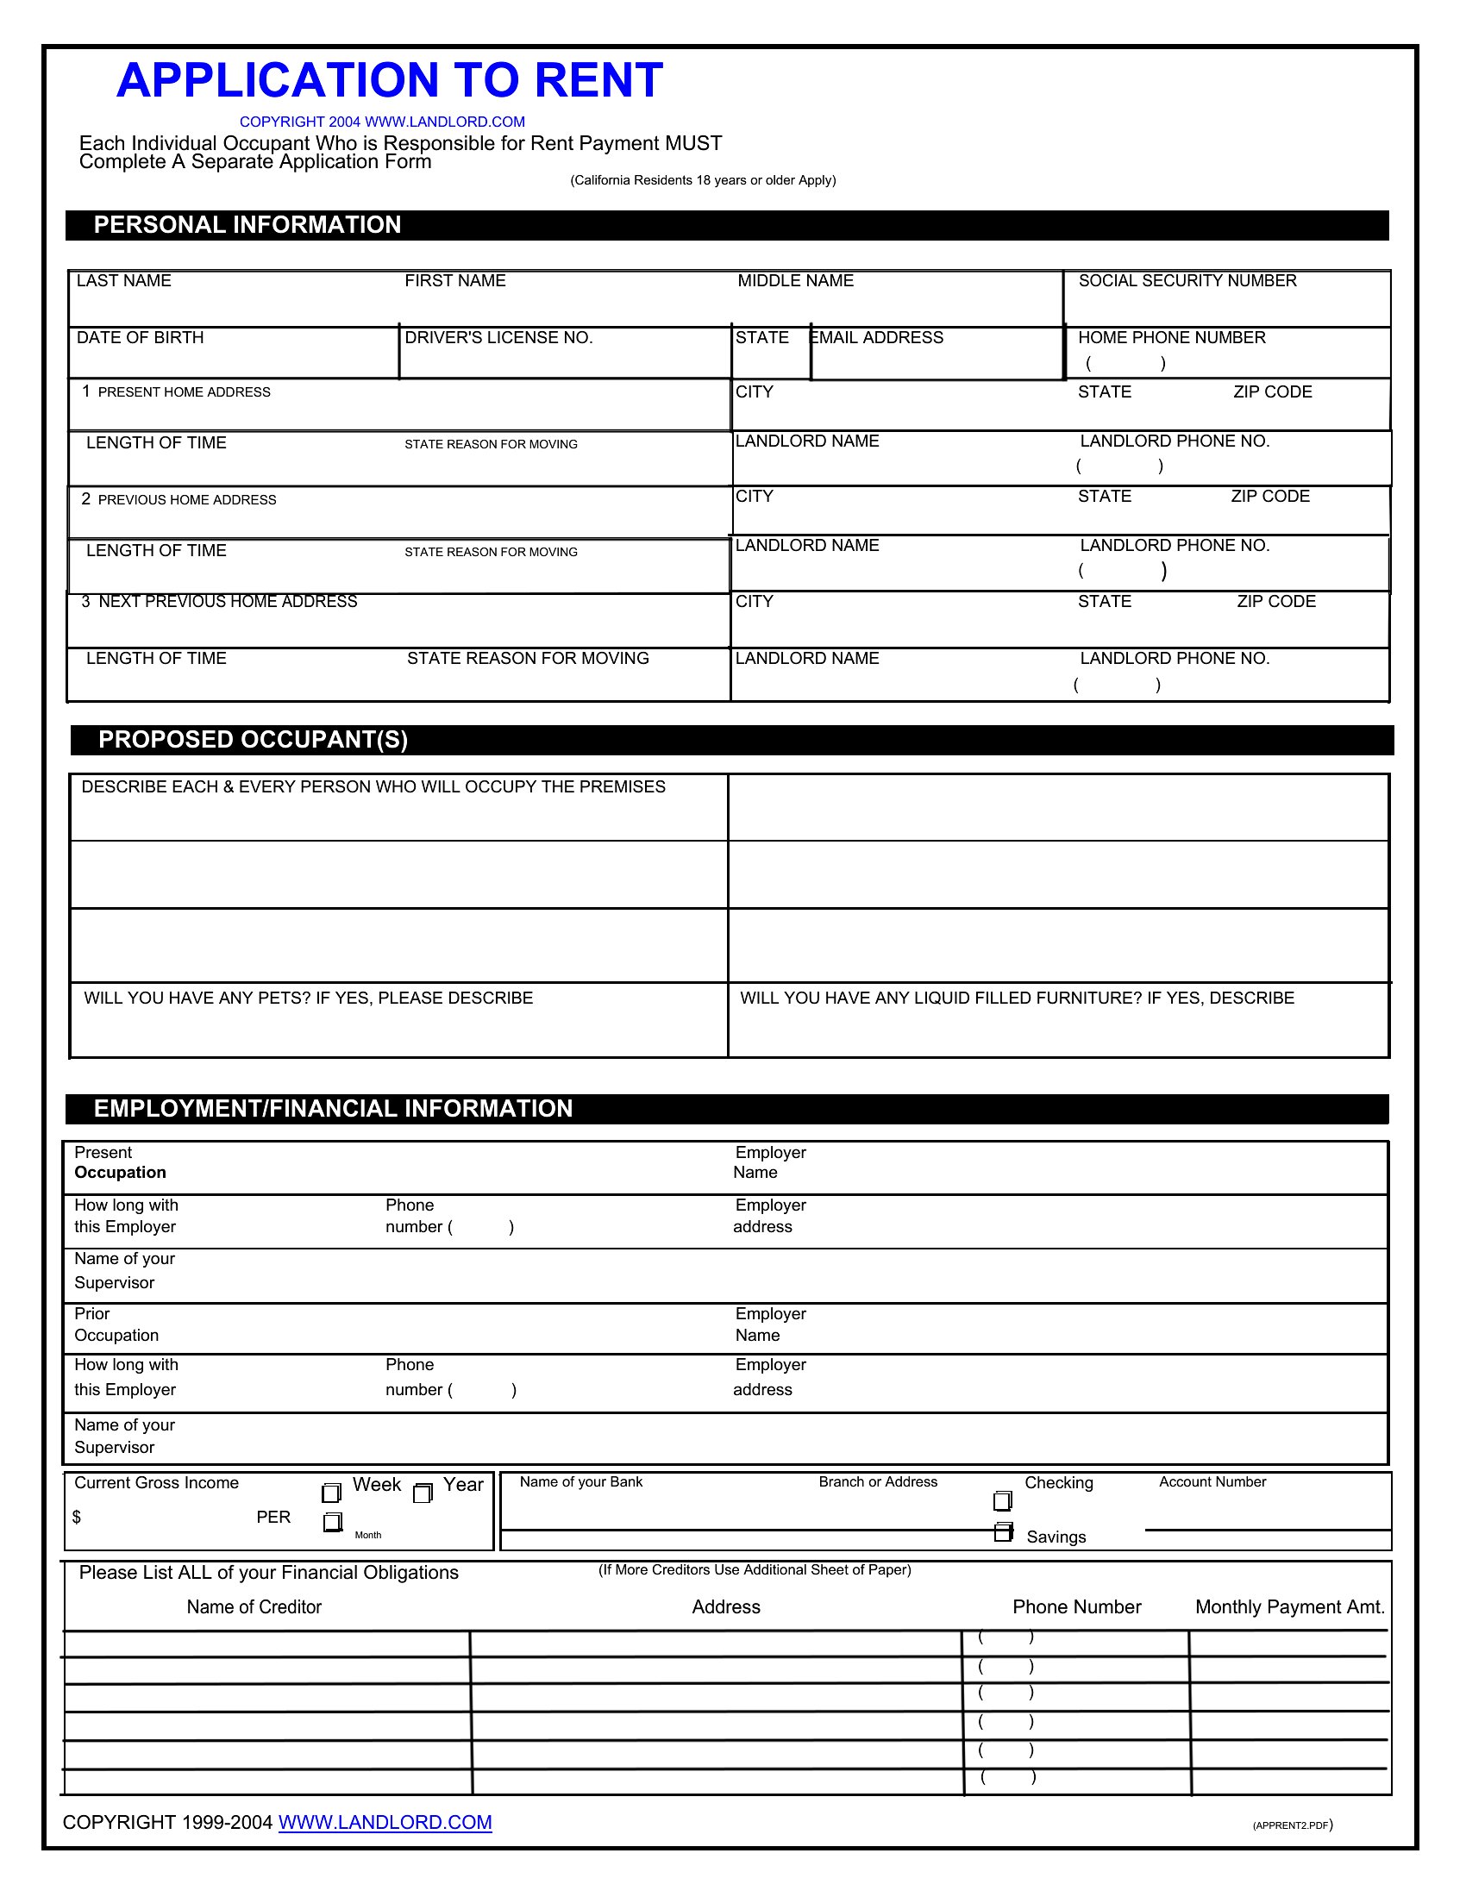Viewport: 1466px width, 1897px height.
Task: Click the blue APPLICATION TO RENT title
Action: coord(389,81)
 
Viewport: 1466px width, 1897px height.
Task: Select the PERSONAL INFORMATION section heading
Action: coord(247,225)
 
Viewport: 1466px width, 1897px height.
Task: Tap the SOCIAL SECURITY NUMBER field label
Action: coord(1187,280)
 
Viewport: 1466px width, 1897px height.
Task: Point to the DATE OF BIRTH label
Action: coord(140,338)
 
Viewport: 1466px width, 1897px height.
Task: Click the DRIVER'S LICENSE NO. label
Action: coord(498,338)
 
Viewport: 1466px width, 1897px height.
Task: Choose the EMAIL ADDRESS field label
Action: coord(877,338)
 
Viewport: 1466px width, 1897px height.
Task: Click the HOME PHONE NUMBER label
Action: coord(1171,338)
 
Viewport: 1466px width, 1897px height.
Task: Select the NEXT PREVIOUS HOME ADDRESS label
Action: coord(227,602)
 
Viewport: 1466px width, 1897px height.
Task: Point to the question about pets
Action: coord(309,998)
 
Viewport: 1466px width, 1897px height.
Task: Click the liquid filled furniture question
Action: coord(1016,998)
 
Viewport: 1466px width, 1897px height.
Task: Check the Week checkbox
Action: coord(331,1493)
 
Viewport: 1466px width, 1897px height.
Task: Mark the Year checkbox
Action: coord(422,1493)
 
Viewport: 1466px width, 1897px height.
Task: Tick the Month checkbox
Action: coord(332,1523)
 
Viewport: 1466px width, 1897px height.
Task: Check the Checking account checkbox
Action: coord(1002,1501)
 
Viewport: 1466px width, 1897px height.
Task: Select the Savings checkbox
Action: coord(1003,1533)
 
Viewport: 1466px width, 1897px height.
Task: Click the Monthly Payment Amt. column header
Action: coord(1289,1608)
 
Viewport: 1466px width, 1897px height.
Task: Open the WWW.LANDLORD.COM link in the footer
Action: coord(385,1823)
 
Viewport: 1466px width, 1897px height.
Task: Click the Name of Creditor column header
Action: coord(254,1608)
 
